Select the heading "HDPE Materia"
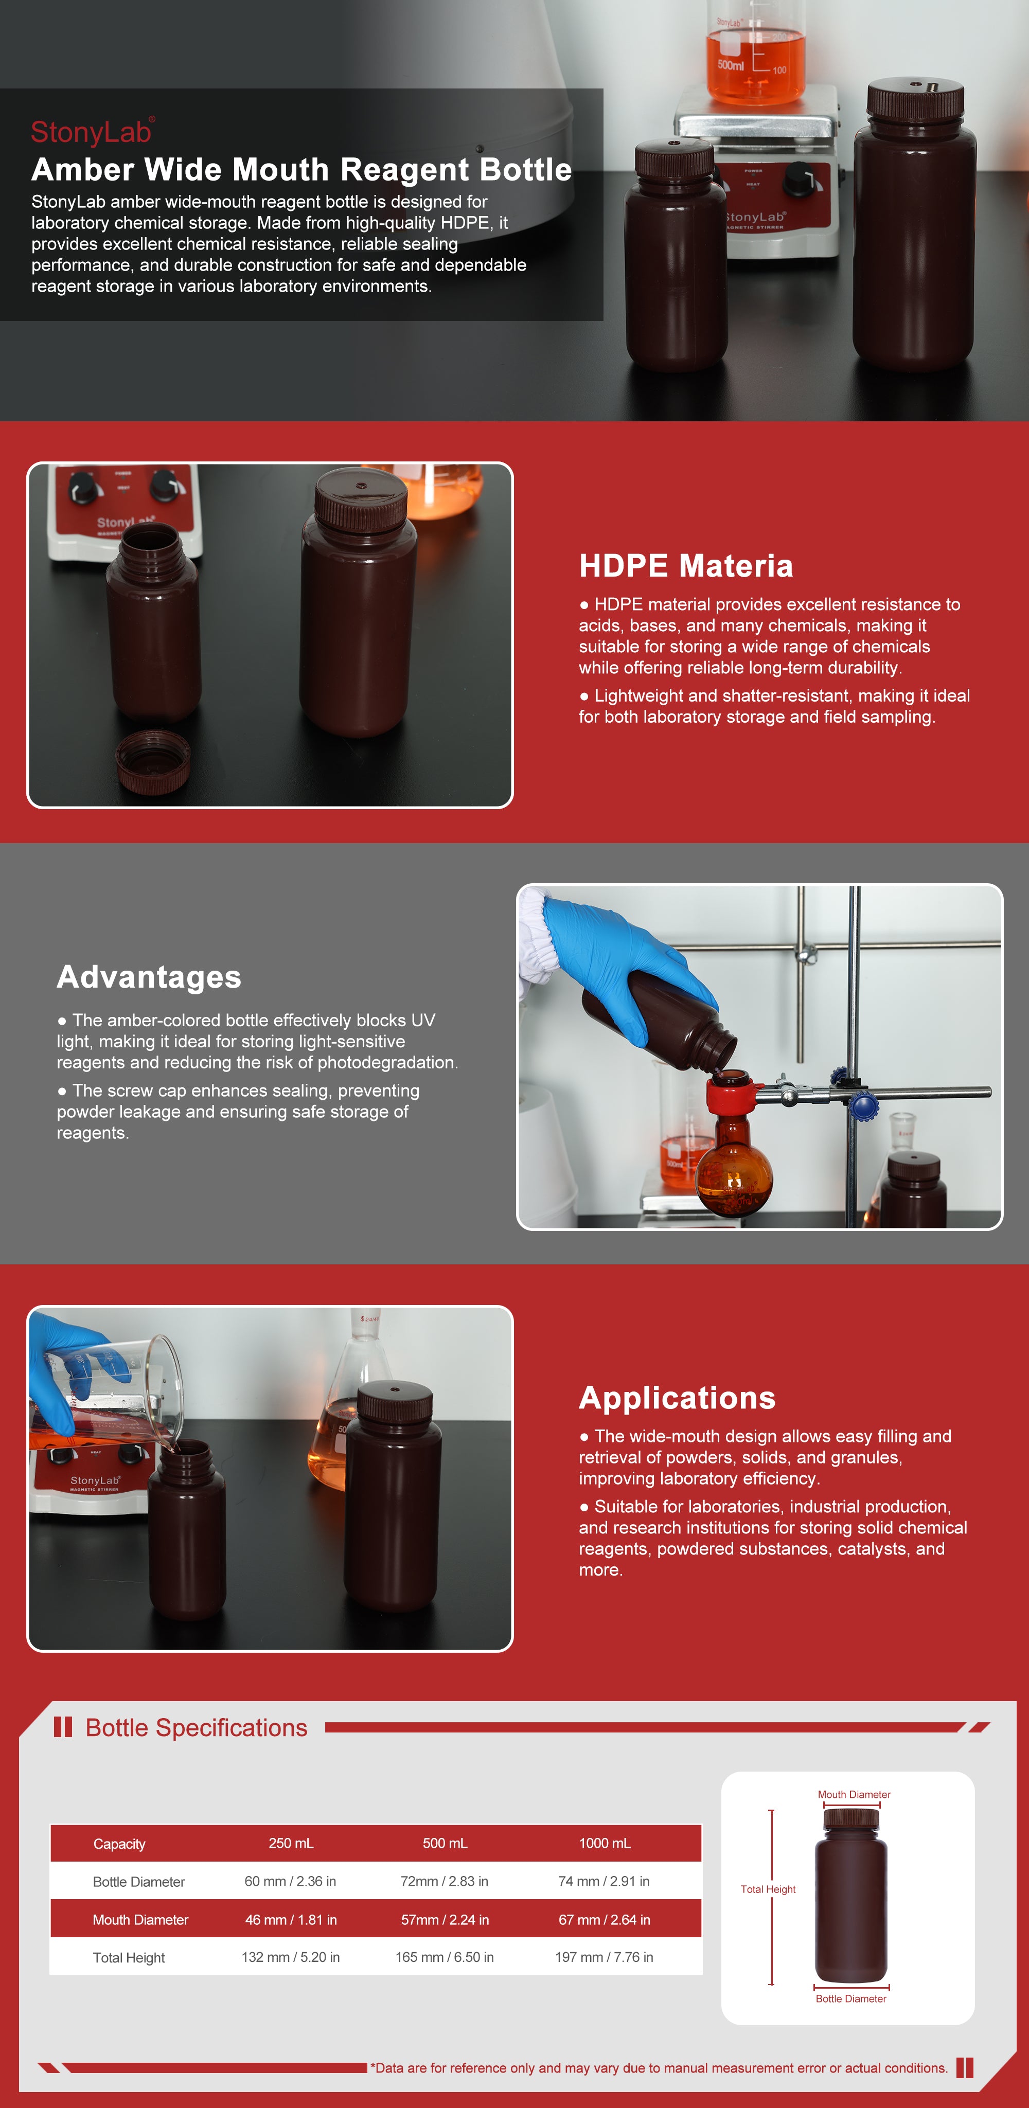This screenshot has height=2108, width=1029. [686, 565]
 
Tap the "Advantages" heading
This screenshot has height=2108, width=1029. [149, 977]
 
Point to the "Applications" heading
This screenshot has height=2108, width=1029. [677, 1398]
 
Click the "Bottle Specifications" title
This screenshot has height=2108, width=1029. [197, 1727]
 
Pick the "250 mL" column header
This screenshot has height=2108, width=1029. [291, 1843]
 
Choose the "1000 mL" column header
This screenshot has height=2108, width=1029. [605, 1843]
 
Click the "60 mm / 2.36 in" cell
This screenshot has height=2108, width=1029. [291, 1881]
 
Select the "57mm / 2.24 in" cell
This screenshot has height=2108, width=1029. [445, 1920]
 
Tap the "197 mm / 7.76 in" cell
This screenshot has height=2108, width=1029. [604, 1957]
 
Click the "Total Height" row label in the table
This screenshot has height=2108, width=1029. [129, 1957]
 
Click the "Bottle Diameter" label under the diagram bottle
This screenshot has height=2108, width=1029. [850, 1998]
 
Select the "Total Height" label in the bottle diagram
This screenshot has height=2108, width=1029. [768, 1889]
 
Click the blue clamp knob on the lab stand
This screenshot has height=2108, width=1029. [864, 1107]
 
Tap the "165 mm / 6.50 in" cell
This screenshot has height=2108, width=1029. [445, 1957]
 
